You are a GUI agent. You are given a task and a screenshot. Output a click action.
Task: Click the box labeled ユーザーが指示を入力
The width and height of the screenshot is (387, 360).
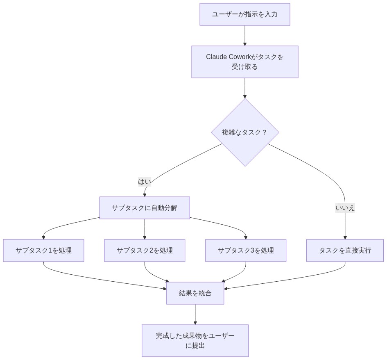tap(244, 14)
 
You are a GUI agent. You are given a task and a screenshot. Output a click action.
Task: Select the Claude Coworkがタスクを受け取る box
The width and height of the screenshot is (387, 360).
tap(244, 62)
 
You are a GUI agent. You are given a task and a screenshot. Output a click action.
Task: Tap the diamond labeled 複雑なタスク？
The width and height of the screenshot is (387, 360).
tap(244, 132)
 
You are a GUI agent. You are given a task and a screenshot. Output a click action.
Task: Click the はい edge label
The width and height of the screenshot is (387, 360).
tap(145, 182)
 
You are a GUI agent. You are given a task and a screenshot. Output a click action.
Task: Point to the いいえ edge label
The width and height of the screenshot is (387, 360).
tap(345, 208)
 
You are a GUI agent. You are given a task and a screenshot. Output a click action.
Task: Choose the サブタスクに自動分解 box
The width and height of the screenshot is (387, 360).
tap(145, 208)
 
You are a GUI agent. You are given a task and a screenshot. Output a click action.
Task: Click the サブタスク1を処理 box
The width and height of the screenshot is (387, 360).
tap(43, 251)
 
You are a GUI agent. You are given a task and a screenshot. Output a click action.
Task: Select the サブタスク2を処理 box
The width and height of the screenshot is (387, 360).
tap(145, 251)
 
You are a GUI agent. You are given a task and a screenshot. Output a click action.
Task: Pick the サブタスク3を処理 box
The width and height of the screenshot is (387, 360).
tap(246, 251)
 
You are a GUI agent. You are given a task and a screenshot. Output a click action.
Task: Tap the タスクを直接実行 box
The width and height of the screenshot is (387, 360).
tap(345, 251)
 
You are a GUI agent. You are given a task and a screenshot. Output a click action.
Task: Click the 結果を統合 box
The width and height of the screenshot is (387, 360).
tap(195, 293)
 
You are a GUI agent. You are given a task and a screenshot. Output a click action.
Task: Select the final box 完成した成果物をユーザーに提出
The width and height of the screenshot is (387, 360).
tap(195, 341)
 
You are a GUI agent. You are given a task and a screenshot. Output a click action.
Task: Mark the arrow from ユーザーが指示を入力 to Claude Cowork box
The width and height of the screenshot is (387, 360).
tap(245, 35)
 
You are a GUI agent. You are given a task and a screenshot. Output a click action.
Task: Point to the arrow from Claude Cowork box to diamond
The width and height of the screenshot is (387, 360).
tap(245, 88)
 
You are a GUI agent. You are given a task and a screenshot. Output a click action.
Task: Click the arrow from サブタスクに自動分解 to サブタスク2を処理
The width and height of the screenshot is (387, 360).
tap(145, 229)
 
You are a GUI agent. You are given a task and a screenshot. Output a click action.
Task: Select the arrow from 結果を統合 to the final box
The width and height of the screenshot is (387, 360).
tap(195, 314)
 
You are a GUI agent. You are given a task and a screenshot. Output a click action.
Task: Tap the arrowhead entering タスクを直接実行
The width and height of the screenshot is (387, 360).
tap(345, 237)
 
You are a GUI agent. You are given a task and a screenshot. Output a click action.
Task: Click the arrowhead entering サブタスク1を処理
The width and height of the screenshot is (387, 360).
tap(43, 237)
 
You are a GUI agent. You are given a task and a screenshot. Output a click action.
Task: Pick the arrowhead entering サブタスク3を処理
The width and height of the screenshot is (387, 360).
tap(246, 237)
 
